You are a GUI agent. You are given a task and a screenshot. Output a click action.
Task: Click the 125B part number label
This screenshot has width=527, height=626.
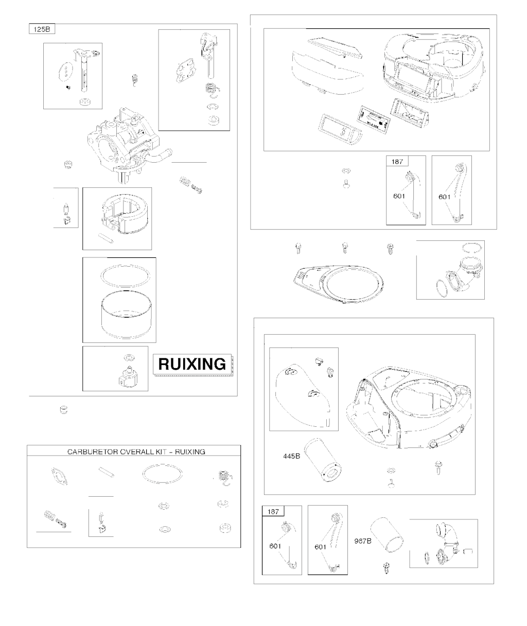pos(42,29)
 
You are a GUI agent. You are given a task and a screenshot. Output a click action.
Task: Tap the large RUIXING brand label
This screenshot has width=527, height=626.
pos(192,364)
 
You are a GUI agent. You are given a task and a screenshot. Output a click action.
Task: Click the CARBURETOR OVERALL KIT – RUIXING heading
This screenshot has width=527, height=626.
pos(136,452)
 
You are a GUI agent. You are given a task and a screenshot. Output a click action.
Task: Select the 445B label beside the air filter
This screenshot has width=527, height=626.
pos(291,456)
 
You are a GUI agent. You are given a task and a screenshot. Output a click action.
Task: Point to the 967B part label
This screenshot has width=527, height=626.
pos(363,541)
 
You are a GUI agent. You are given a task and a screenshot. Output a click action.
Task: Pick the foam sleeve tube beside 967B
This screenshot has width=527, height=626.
pos(387,535)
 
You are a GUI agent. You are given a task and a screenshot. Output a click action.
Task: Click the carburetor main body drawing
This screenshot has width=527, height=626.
pos(128,145)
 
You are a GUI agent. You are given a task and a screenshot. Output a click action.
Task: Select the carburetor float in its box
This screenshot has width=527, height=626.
pos(125,215)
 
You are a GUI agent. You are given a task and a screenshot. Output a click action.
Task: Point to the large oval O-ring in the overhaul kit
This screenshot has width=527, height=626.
pos(162,474)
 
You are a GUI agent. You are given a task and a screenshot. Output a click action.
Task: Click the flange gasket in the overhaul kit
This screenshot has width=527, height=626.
pos(59,476)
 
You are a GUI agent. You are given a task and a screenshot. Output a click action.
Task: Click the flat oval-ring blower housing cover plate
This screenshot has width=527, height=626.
pos(338,283)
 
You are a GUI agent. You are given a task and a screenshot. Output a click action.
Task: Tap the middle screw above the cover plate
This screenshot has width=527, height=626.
pos(345,249)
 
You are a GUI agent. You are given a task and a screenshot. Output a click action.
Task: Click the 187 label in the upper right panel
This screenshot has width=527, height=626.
pos(397,162)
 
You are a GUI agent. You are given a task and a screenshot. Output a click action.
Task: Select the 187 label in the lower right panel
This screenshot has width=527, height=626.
pos(273,512)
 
